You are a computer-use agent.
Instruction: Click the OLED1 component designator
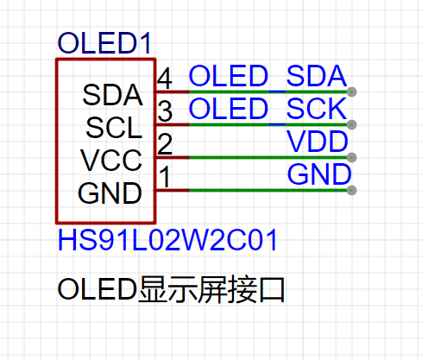coord(104,43)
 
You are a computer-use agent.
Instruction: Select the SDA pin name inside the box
coord(112,95)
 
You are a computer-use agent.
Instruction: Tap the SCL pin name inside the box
coord(114,128)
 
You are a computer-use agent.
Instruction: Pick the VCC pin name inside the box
coord(111,161)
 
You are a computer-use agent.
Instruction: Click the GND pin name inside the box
coord(110,193)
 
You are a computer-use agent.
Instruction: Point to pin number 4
coord(165,79)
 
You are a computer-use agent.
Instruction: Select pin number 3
coord(165,111)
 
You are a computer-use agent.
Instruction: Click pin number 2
coord(165,144)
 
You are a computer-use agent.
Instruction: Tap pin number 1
coord(165,177)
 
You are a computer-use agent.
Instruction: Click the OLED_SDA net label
coord(268,76)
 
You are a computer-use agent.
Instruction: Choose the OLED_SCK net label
coord(268,109)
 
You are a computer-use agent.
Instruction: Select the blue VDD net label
coord(318,142)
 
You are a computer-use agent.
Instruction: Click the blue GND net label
coord(319,174)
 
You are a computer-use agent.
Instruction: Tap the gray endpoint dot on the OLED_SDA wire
coord(351,92)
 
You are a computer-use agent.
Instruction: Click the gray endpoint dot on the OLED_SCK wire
coord(351,124)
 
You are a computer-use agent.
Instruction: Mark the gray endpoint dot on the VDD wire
coord(351,157)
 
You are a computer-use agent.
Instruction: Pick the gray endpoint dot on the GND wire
coord(351,190)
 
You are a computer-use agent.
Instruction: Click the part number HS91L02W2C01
coord(167,240)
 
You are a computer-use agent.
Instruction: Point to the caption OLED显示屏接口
coord(171,289)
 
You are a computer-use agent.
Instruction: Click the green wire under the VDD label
coord(268,157)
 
